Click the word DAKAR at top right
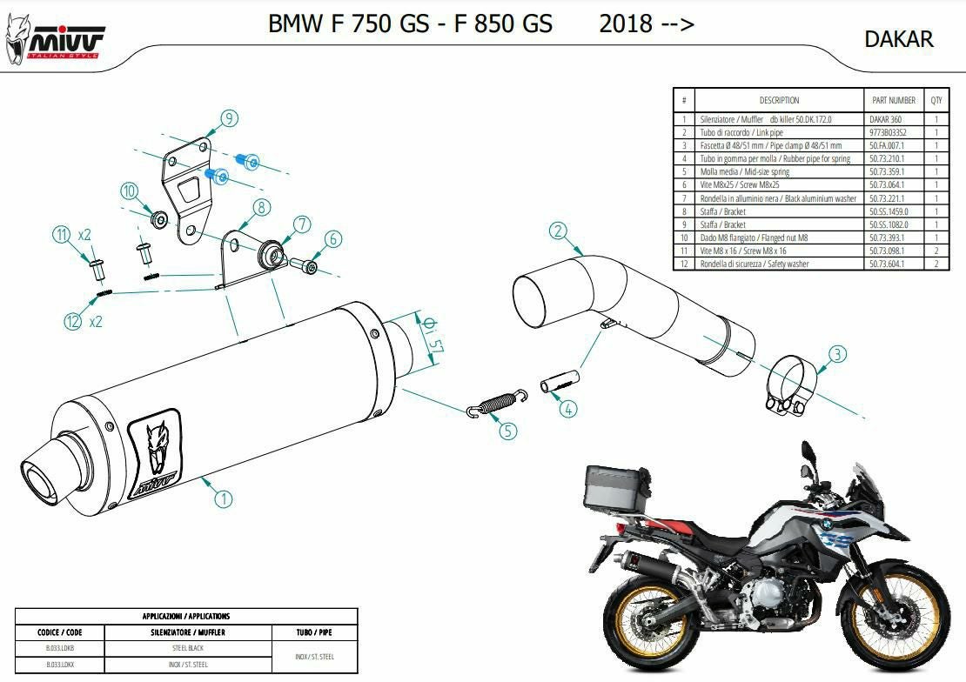point(898,39)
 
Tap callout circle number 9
point(229,119)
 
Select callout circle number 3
point(836,354)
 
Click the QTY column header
point(936,100)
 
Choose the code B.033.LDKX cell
point(60,665)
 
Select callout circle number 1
point(224,498)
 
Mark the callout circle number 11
point(61,234)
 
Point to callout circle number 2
point(558,231)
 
